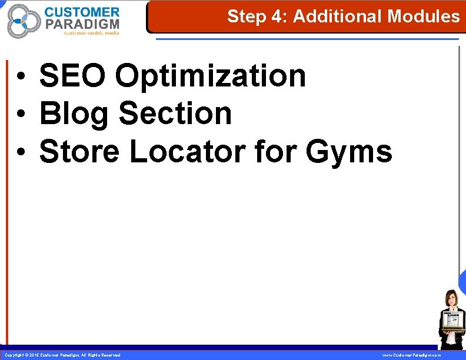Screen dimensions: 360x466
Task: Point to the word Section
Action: pyautogui.click(x=175, y=114)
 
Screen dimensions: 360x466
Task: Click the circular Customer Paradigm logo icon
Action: pyautogui.click(x=24, y=21)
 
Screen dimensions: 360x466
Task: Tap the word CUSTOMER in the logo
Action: pyautogui.click(x=82, y=12)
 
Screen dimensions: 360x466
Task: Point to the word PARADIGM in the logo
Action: pyautogui.click(x=82, y=24)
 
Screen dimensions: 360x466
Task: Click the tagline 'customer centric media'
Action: pyautogui.click(x=91, y=33)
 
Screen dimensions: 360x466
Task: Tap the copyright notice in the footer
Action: pyautogui.click(x=62, y=355)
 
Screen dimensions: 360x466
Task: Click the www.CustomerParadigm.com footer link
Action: pyautogui.click(x=411, y=355)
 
